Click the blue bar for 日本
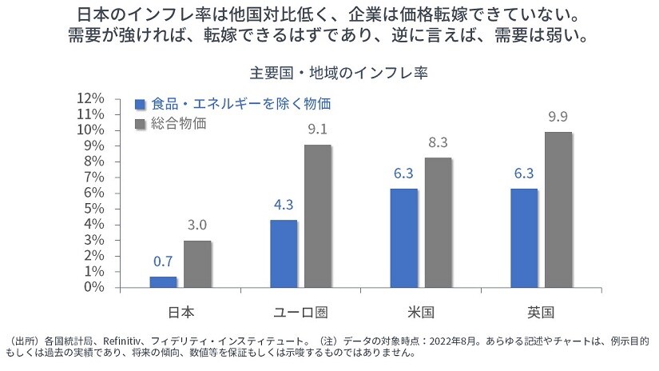tap(163, 282)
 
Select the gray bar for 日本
tap(197, 264)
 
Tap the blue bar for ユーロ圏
tap(284, 253)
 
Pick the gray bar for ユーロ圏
tap(318, 216)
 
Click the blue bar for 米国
tap(404, 238)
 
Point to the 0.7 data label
tap(163, 261)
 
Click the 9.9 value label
tap(558, 117)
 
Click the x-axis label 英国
tap(541, 311)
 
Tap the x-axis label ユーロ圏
tap(300, 311)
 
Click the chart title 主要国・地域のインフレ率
tap(328, 73)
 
